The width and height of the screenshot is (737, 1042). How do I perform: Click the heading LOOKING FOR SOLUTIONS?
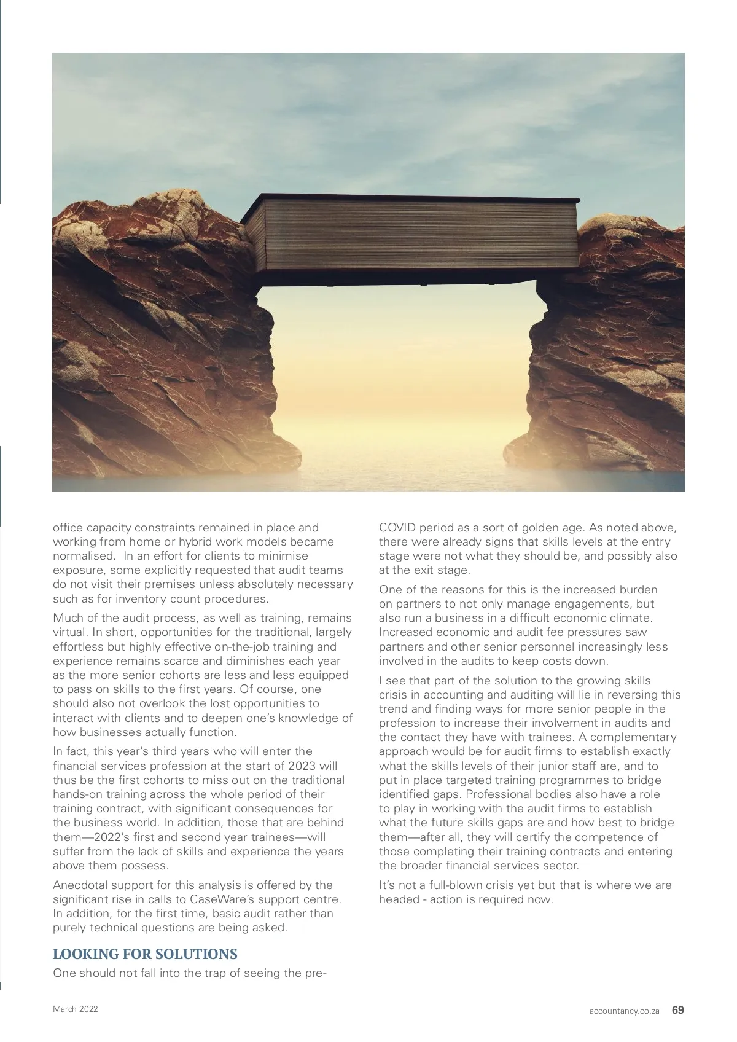[145, 954]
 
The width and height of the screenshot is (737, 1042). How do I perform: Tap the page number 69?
[678, 1010]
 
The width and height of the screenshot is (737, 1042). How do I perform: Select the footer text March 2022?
[75, 1009]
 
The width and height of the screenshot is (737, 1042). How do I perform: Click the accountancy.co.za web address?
[624, 1011]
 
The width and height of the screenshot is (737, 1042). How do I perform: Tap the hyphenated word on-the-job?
[219, 646]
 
